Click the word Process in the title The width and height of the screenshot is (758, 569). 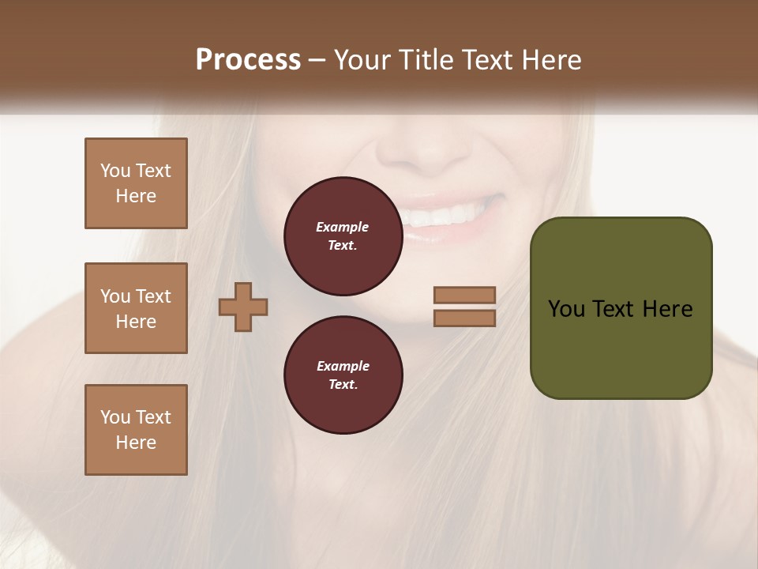[248, 60]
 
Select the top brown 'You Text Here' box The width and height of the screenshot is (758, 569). [136, 183]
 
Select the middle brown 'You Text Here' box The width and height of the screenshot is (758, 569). [136, 308]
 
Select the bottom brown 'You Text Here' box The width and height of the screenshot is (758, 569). [136, 430]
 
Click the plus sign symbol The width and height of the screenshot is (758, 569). [243, 307]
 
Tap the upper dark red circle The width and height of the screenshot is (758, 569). [343, 236]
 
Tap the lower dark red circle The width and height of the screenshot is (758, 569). [343, 375]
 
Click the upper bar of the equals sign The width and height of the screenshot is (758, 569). [464, 295]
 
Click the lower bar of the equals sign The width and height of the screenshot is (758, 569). [464, 318]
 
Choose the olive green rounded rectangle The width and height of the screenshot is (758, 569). [621, 308]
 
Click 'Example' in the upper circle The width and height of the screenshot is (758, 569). [343, 227]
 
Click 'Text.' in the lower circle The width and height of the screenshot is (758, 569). [343, 384]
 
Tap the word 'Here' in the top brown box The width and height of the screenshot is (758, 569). [136, 196]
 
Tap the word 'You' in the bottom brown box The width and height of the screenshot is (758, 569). [114, 417]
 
